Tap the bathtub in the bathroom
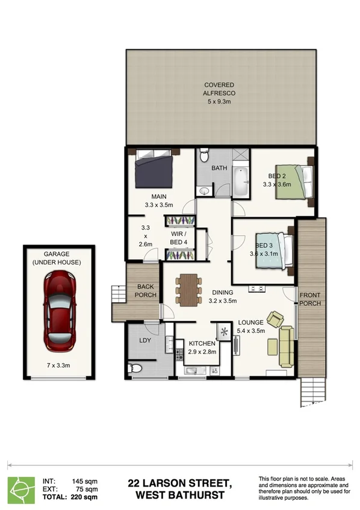click(241, 181)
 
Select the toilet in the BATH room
click(204, 158)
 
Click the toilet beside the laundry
click(134, 369)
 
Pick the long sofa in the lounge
click(287, 347)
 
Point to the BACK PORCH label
click(146, 291)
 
